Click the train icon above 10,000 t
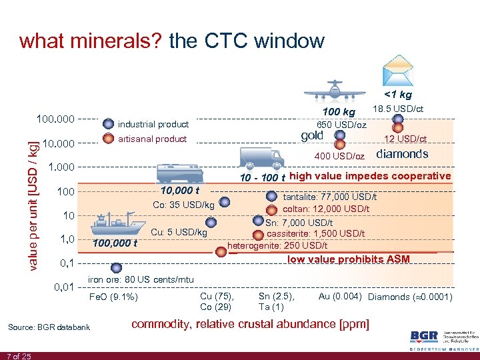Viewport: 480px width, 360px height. click(x=179, y=171)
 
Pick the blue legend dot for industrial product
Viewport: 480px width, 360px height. click(x=109, y=123)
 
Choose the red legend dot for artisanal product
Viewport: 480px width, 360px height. click(x=109, y=139)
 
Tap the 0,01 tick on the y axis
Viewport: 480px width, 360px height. click(x=64, y=287)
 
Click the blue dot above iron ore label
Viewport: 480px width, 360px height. click(x=116, y=267)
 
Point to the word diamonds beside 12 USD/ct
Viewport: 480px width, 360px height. click(x=402, y=154)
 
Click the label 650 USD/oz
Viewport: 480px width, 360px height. click(x=341, y=125)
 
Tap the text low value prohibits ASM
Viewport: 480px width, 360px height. click(x=349, y=259)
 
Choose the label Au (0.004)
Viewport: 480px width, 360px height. click(x=341, y=296)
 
